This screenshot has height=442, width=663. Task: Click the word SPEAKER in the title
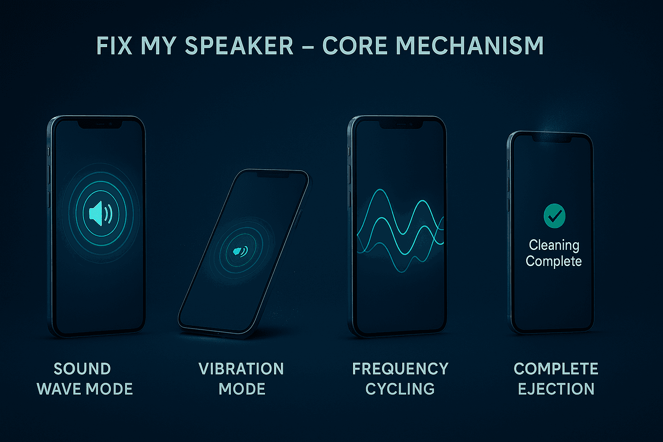(239, 46)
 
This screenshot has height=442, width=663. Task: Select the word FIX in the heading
(114, 46)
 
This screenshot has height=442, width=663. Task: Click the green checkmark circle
(554, 216)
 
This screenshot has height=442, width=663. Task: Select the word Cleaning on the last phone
(554, 245)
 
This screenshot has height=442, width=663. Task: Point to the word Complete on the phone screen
(554, 261)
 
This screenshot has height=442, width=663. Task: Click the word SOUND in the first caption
(82, 369)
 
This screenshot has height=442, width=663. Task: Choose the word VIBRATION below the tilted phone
(241, 369)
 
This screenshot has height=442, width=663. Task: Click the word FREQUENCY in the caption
(400, 369)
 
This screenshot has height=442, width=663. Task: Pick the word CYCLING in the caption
(400, 389)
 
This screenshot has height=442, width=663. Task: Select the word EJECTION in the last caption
(556, 389)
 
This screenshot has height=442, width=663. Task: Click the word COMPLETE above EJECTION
(556, 369)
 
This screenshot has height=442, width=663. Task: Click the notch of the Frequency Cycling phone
(401, 124)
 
